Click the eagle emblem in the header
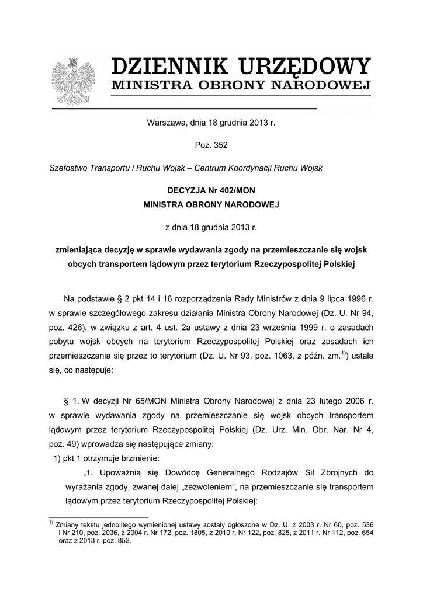click(x=73, y=81)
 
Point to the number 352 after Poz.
click(x=220, y=145)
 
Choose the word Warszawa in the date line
click(x=164, y=123)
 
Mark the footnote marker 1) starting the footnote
click(x=51, y=523)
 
